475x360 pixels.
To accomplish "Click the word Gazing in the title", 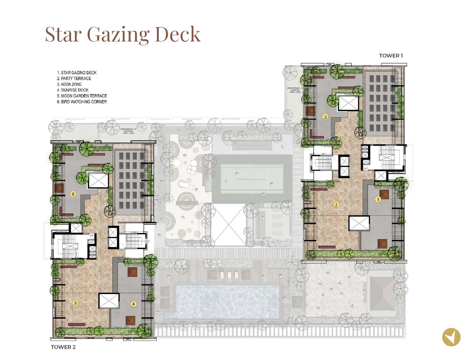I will [x=118, y=34].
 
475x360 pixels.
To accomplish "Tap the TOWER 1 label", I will [x=390, y=56].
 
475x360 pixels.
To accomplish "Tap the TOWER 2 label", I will [x=63, y=347].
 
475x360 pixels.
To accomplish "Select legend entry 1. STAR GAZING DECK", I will [x=77, y=73].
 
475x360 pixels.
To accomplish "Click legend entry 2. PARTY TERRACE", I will [x=74, y=79].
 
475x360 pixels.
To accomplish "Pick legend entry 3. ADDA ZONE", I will [x=69, y=84].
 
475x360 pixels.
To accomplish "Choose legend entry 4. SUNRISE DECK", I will [x=73, y=90].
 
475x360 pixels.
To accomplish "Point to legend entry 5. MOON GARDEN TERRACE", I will [x=82, y=96].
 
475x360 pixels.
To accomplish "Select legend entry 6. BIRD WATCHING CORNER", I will [x=82, y=102].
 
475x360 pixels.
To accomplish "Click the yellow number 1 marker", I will [x=378, y=199].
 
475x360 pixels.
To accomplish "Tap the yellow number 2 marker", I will [x=336, y=205].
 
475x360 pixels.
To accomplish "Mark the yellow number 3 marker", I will [x=325, y=117].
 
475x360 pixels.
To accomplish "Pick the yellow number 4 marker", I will [x=134, y=304].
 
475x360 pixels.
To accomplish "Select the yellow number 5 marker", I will [x=75, y=303].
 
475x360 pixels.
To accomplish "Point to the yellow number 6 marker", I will [x=73, y=194].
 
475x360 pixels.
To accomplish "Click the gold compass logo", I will [x=451, y=337].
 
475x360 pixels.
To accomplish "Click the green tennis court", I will [x=252, y=179].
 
